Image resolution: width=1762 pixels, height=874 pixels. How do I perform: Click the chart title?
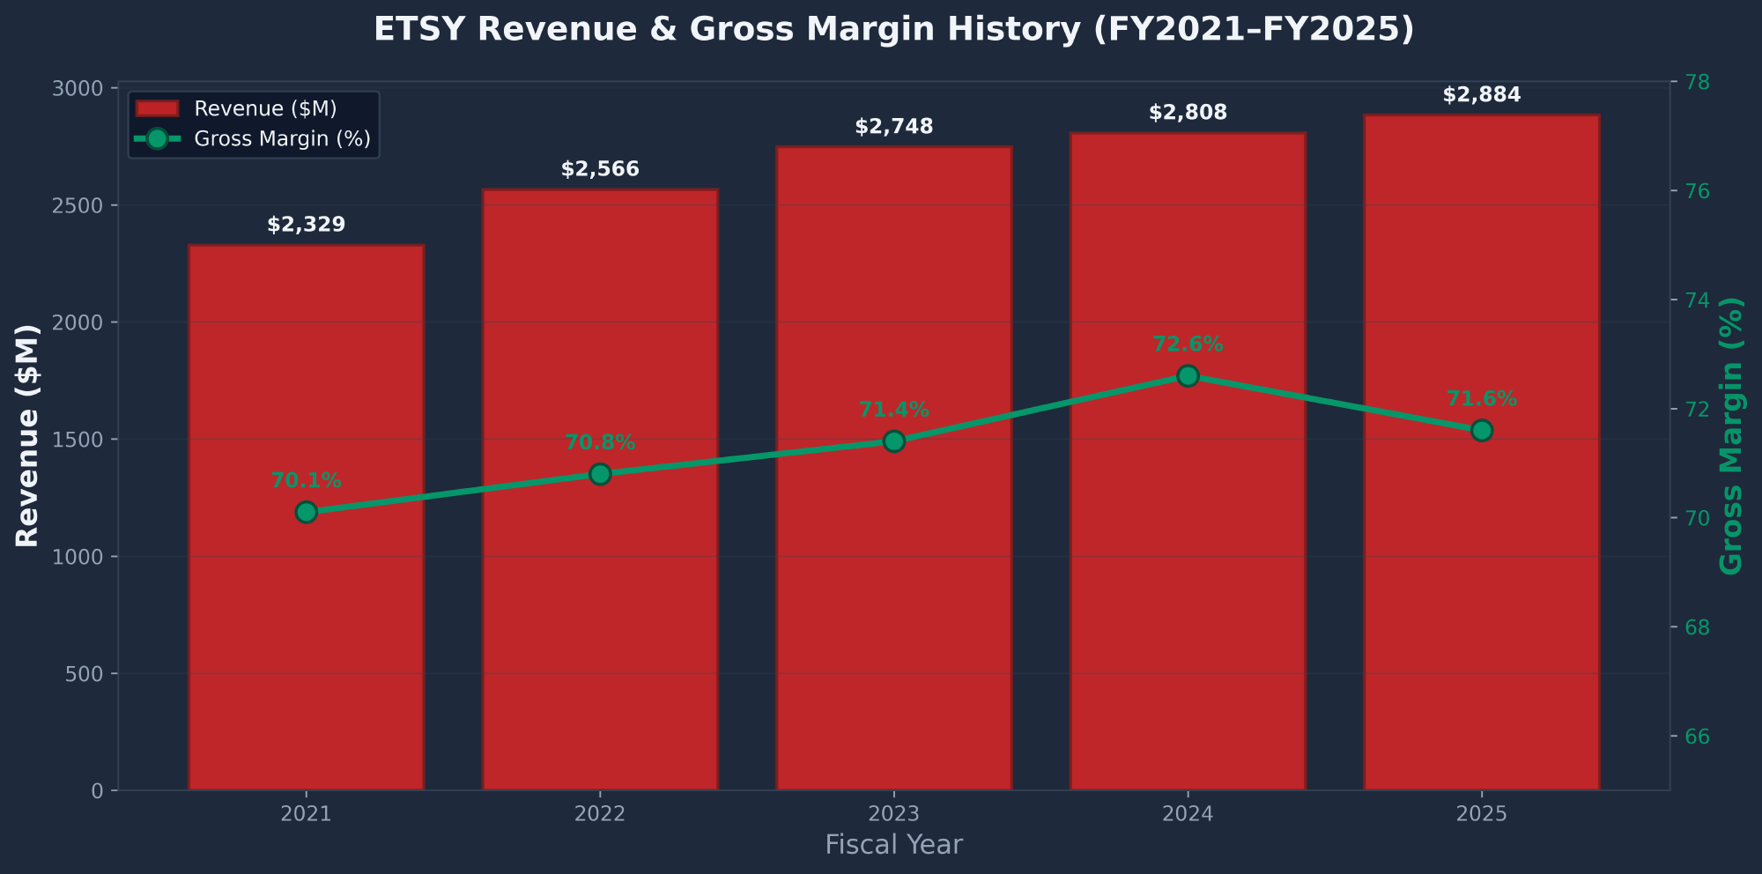pos(893,29)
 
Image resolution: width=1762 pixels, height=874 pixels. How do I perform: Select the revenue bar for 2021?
pos(306,617)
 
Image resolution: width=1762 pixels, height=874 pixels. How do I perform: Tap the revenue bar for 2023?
pos(893,617)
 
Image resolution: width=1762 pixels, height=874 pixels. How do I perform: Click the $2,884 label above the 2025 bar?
pos(1481,95)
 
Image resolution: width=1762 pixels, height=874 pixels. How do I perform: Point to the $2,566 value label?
pos(600,169)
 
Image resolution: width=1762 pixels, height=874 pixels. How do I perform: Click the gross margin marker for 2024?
pos(1188,376)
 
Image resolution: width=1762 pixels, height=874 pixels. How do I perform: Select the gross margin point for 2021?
pos(306,512)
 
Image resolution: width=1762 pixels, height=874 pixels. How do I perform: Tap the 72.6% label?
pos(1188,344)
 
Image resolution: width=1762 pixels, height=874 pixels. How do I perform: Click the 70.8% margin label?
pos(600,442)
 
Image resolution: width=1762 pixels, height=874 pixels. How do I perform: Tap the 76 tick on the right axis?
pos(1697,191)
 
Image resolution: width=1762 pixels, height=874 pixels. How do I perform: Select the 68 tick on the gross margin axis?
pos(1697,627)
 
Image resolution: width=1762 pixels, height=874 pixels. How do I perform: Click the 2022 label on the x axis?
pos(600,814)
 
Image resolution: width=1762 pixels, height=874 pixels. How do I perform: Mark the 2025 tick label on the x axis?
pos(1481,814)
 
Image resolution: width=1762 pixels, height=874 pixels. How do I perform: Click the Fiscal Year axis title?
pos(893,845)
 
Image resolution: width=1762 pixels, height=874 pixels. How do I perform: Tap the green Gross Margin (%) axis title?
pos(1731,436)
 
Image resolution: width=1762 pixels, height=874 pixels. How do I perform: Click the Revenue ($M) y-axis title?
pos(28,436)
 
